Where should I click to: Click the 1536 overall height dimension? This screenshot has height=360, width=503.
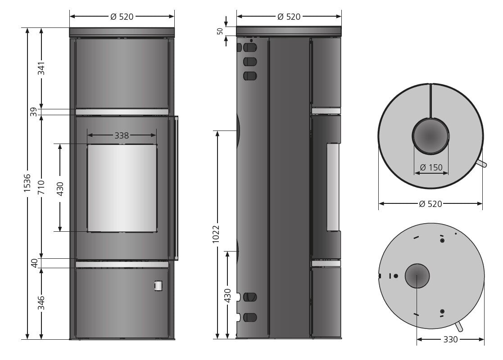(27, 184)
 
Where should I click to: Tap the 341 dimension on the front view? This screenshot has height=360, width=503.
(41, 67)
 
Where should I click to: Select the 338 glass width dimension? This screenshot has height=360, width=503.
(122, 135)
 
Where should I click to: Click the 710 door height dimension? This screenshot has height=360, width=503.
(41, 186)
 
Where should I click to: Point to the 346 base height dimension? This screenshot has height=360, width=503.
(41, 304)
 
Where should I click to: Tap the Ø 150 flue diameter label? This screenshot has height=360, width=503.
(431, 168)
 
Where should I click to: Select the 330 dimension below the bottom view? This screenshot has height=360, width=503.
(450, 339)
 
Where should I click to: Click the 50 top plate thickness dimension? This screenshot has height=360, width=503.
(220, 31)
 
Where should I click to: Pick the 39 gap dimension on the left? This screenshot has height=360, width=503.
(34, 112)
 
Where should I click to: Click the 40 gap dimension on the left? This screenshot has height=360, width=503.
(34, 263)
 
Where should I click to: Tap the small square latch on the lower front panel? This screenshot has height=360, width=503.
(159, 285)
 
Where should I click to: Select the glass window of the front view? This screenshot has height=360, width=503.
(122, 188)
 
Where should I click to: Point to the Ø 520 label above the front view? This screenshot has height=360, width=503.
(122, 17)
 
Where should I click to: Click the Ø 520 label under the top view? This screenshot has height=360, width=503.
(430, 204)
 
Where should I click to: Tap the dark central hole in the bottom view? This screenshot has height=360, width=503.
(417, 275)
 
